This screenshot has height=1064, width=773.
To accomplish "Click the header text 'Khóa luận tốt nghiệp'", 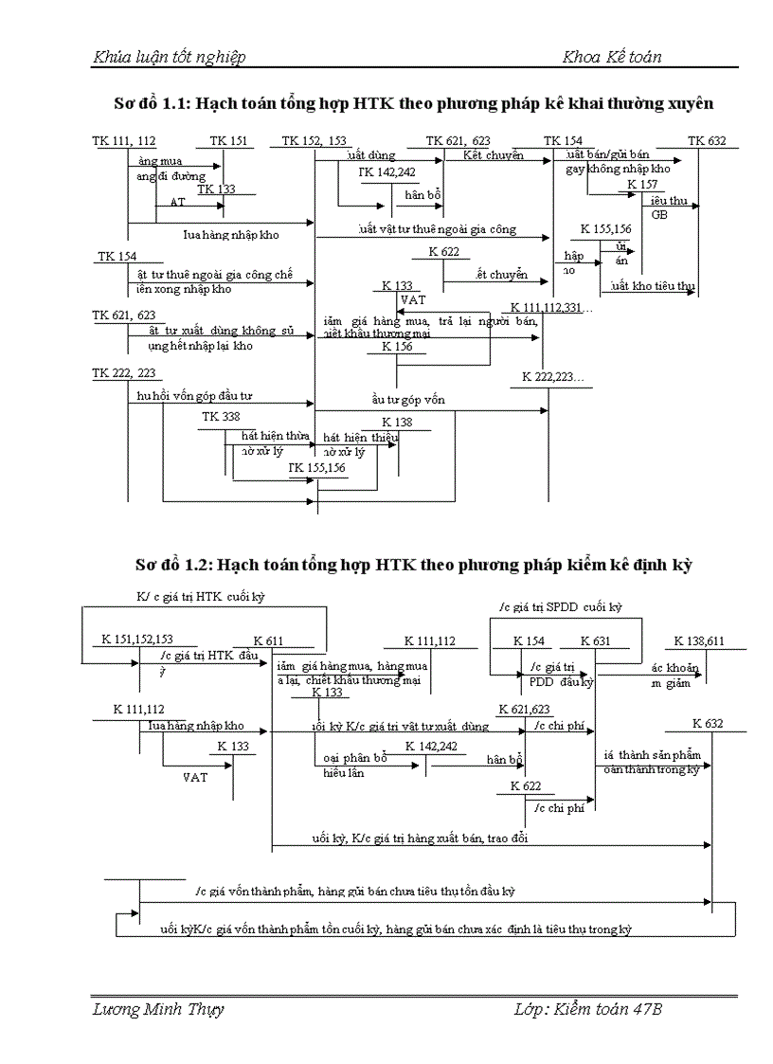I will tap(169, 58).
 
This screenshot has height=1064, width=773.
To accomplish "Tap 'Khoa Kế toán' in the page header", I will tap(612, 58).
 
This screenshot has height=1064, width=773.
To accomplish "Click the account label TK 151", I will tap(229, 141).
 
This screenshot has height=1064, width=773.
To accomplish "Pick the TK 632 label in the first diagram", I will tap(707, 141).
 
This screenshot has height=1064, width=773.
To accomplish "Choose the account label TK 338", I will tap(221, 416).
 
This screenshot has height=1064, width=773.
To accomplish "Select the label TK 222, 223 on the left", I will tap(124, 374).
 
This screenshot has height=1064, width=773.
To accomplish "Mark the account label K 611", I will tap(268, 641).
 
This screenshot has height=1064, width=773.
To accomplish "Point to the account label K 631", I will tap(595, 641).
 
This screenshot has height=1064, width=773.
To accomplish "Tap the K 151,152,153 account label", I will tap(137, 640).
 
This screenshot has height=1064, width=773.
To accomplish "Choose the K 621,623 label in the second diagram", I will tap(524, 709).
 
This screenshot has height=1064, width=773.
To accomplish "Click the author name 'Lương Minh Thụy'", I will tap(158, 1010).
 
